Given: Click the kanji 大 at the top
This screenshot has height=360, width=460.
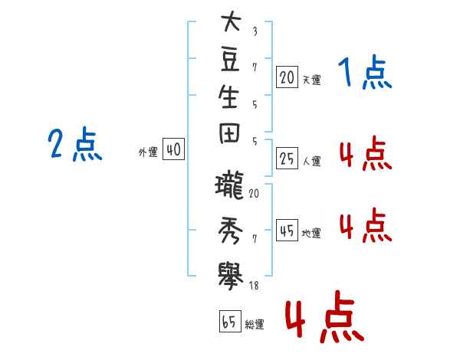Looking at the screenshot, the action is [x=232, y=21].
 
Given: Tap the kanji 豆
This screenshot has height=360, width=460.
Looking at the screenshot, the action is [x=230, y=59].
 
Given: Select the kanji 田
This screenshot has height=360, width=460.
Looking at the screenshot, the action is [x=229, y=134].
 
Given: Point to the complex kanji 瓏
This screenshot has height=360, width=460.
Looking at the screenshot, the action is [x=229, y=185].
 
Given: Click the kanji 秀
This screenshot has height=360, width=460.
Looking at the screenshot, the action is [x=231, y=231].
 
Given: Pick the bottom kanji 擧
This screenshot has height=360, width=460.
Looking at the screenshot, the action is [x=231, y=277].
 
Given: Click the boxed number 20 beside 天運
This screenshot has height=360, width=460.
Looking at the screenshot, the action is [x=287, y=77].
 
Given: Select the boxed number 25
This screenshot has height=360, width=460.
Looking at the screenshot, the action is [x=287, y=159].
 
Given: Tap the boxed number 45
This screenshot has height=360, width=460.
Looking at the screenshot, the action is [x=287, y=231].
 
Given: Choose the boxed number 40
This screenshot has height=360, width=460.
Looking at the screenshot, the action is [x=174, y=149].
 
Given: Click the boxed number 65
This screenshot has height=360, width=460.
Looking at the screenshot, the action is [x=230, y=321].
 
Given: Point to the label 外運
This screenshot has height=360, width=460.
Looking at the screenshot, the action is [x=148, y=152].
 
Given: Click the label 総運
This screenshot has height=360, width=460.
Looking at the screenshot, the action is [x=255, y=324].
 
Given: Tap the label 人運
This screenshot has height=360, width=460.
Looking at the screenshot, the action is [x=312, y=161].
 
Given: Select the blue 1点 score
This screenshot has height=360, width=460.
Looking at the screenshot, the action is [x=365, y=72].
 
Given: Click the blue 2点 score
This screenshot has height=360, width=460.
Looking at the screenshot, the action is [x=75, y=144].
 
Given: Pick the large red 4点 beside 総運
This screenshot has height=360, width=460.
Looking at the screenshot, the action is [x=325, y=316].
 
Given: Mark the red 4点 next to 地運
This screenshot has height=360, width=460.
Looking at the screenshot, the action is [x=366, y=225].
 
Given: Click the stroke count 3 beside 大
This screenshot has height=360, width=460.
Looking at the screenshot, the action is [x=255, y=31].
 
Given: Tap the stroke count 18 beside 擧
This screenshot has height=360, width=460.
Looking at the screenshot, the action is [x=254, y=285].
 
